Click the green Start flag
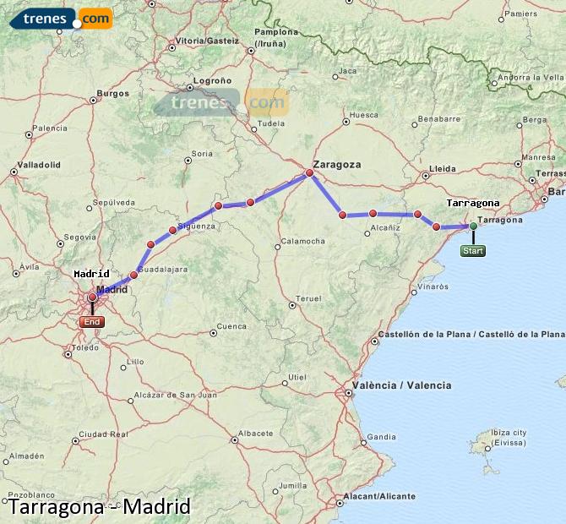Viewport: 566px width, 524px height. (x=473, y=250)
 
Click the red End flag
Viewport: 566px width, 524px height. (x=92, y=322)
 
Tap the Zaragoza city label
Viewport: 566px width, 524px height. (x=336, y=164)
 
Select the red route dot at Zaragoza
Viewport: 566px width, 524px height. (x=309, y=173)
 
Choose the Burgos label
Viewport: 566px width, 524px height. (x=112, y=93)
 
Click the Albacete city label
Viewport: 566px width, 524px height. (x=255, y=433)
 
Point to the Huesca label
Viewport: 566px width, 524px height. (x=363, y=114)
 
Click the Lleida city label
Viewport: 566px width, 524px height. (x=442, y=168)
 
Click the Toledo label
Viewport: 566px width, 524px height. (x=86, y=347)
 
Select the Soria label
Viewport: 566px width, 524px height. (x=203, y=153)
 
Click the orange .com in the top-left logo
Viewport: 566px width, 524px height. (x=95, y=18)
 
